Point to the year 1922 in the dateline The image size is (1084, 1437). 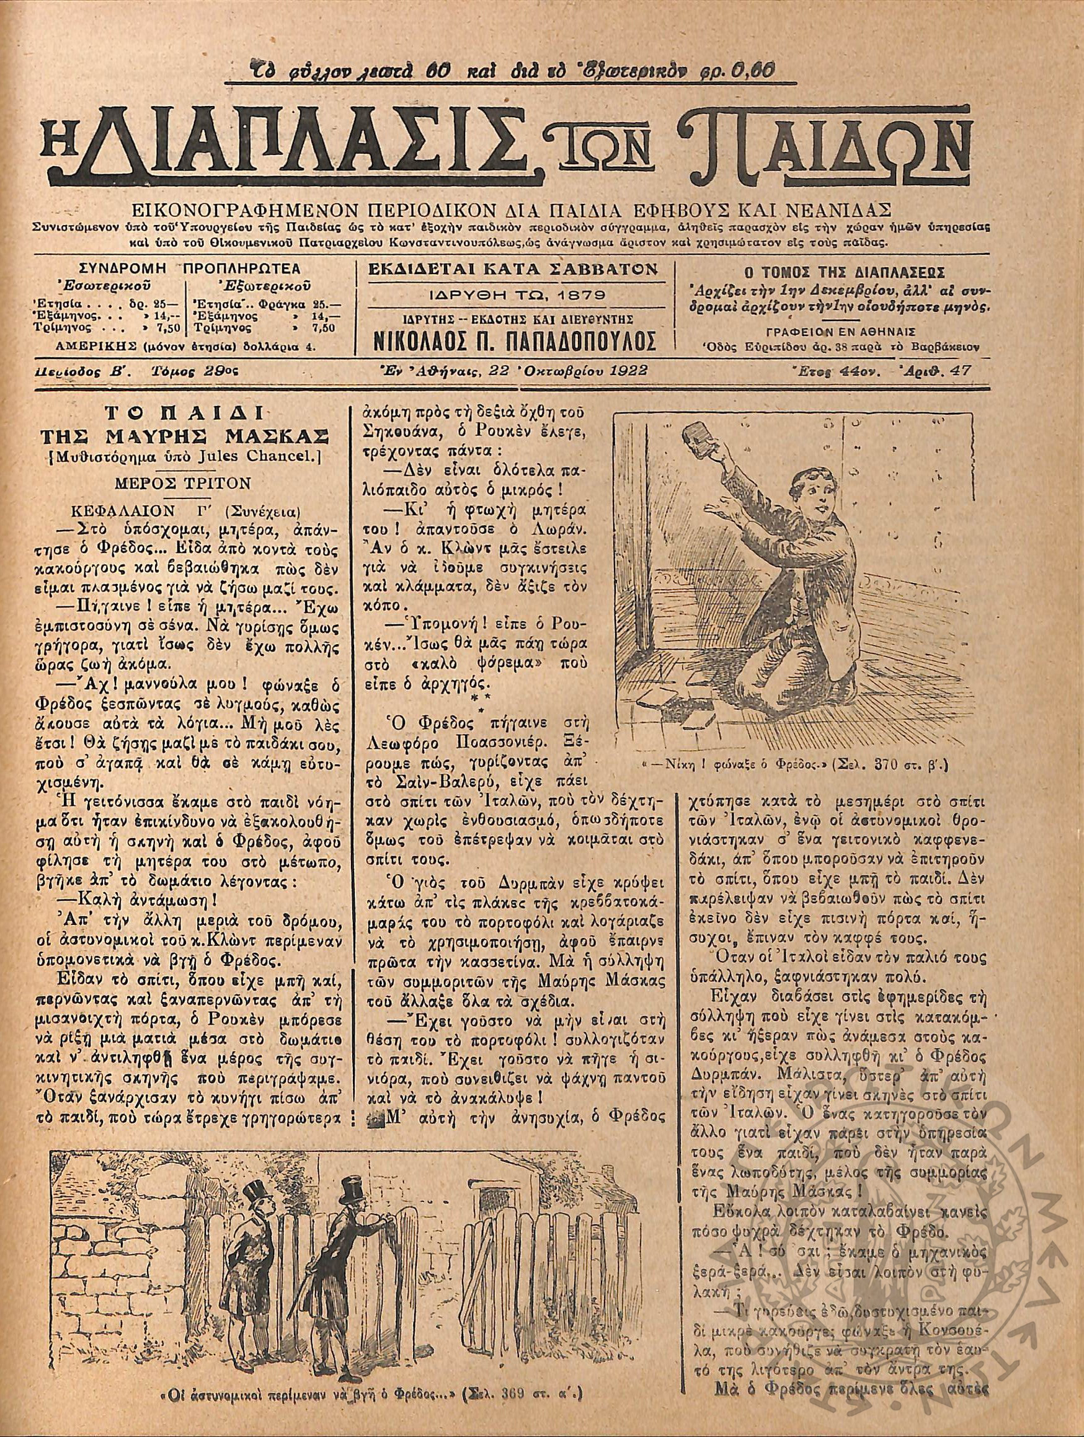[611, 371]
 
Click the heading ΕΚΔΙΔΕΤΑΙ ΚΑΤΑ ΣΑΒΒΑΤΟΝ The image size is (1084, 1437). [513, 269]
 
